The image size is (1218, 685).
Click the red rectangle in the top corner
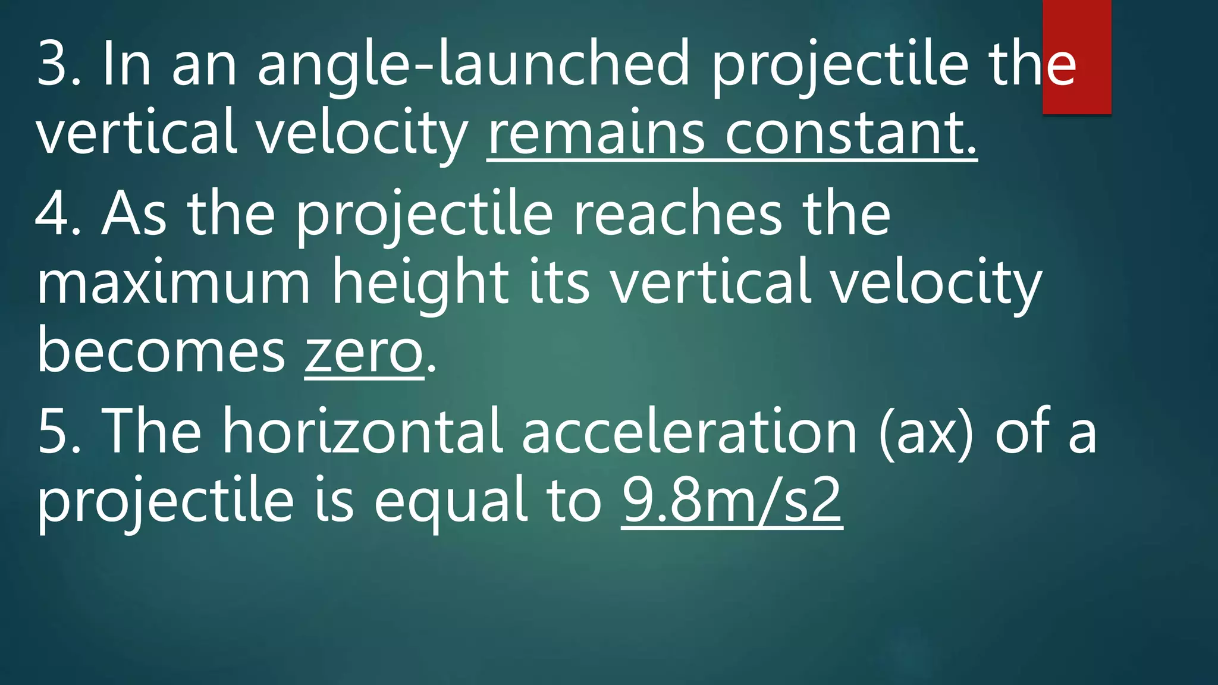pos(1076,56)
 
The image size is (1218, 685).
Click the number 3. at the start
pos(58,64)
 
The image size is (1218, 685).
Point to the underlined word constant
pos(850,133)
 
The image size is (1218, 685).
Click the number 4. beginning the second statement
pos(58,214)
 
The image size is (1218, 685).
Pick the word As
pos(134,214)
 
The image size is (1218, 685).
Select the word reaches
pos(678,214)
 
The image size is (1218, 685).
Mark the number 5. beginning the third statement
pos(58,432)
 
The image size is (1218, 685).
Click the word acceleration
pos(690,432)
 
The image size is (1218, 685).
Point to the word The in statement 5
pos(152,432)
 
